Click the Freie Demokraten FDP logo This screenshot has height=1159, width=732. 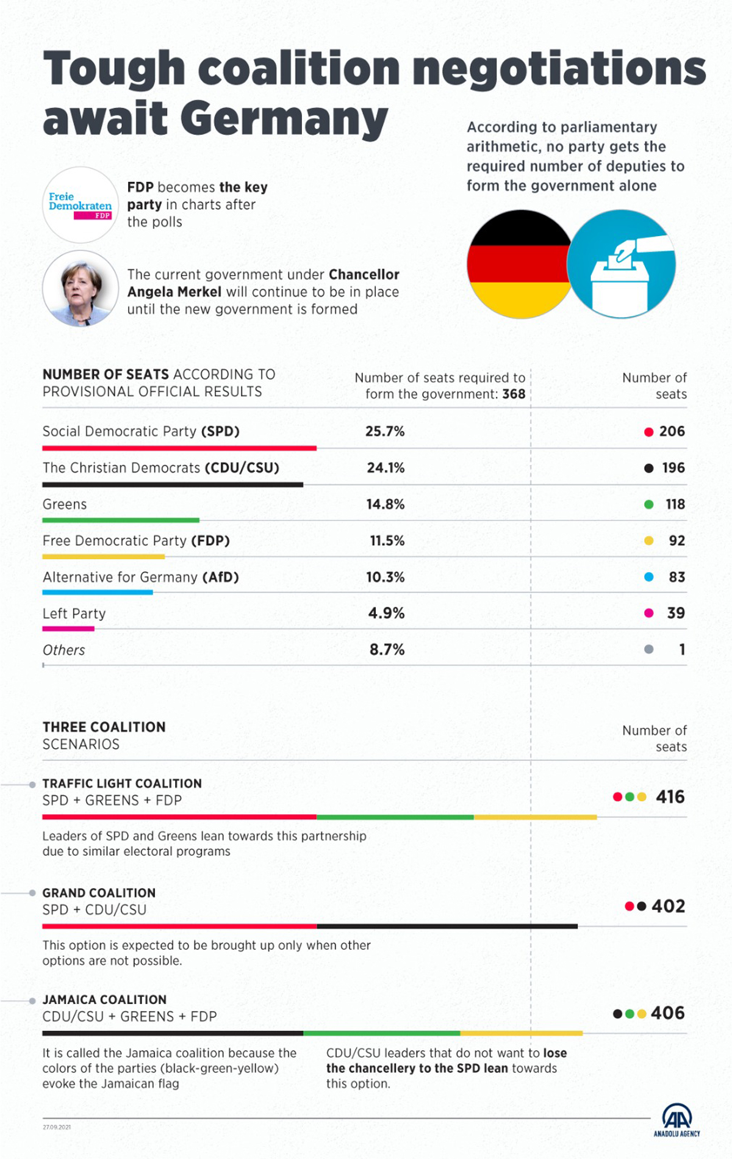pyautogui.click(x=81, y=205)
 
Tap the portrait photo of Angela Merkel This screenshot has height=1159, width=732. pyautogui.click(x=81, y=288)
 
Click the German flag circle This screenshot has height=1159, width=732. pyautogui.click(x=520, y=264)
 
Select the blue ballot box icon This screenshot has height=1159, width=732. pyautogui.click(x=621, y=264)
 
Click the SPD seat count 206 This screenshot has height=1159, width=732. pyautogui.click(x=672, y=431)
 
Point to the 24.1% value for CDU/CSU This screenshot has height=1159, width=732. pyautogui.click(x=386, y=468)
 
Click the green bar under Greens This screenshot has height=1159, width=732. pyautogui.click(x=121, y=520)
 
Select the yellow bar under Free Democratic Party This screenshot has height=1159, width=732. pyautogui.click(x=103, y=557)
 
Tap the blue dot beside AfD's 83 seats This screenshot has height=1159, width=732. pyautogui.click(x=649, y=577)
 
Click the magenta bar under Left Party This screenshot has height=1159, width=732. pyautogui.click(x=68, y=629)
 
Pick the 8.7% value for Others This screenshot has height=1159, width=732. pyautogui.click(x=387, y=650)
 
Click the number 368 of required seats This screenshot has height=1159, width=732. pyautogui.click(x=514, y=394)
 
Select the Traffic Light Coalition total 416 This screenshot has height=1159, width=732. pyautogui.click(x=670, y=796)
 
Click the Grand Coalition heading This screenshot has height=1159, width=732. pyautogui.click(x=99, y=893)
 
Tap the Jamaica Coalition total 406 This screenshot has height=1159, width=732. pyautogui.click(x=667, y=1013)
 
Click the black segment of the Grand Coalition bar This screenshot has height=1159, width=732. pyautogui.click(x=447, y=926)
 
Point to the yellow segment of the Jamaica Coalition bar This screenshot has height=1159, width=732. pyautogui.click(x=522, y=1033)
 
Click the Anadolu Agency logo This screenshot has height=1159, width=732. pyautogui.click(x=676, y=1121)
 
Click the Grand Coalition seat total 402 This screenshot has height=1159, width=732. pyautogui.click(x=668, y=906)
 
